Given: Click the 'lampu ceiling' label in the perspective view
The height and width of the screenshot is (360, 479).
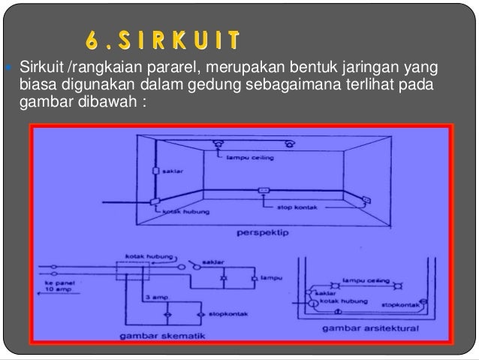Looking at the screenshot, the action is tap(246, 158).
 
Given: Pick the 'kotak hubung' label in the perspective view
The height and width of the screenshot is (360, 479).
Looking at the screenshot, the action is tap(181, 213).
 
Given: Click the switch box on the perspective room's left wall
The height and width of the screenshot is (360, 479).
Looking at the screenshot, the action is tap(155, 171).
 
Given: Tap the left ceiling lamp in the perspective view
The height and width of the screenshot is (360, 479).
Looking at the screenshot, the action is tap(219, 144).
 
